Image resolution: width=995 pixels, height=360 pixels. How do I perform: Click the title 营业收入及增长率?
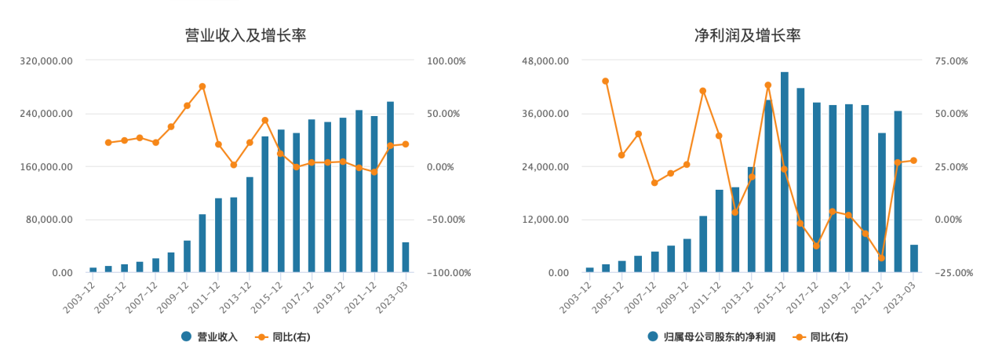coord(245,35)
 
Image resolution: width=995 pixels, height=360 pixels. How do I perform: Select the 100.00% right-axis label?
coord(446,60)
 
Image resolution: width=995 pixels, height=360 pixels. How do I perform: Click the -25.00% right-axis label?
coord(951,273)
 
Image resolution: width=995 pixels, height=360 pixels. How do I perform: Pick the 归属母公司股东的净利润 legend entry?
coord(711,336)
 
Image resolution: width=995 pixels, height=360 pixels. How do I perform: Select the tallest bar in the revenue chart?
coord(390,187)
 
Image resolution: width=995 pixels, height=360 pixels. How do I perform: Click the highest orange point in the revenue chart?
coord(202,86)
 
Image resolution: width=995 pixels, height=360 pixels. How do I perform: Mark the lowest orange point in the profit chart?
coord(881,258)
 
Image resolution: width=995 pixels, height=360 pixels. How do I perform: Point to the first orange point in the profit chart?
coord(605,81)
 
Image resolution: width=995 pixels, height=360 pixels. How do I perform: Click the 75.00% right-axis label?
coord(951,60)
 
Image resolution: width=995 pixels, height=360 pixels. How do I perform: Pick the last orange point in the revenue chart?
coord(406,144)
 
